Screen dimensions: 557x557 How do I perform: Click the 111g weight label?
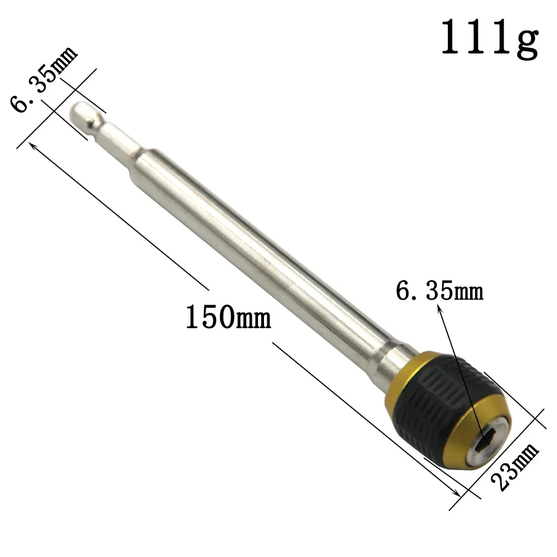click(x=490, y=38)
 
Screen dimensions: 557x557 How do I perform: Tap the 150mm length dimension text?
click(x=228, y=316)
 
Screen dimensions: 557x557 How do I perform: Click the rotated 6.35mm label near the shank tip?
click(x=43, y=79)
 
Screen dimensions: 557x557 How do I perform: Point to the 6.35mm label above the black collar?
click(x=439, y=291)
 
